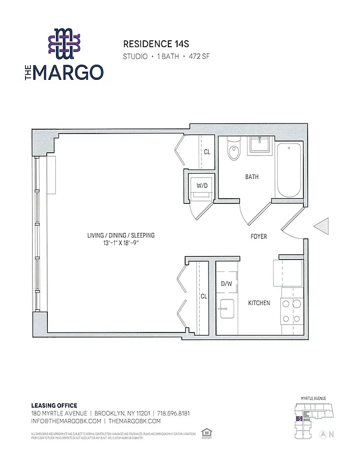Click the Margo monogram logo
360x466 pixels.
(65, 44)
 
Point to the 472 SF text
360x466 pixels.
(199, 57)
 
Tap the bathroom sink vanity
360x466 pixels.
(258, 145)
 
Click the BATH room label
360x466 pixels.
(252, 177)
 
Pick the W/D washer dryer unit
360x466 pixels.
(202, 186)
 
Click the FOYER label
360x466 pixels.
(259, 236)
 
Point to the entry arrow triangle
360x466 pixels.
(322, 227)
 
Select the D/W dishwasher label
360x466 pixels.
(226, 284)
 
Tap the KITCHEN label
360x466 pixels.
(259, 303)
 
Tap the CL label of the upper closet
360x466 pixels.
(207, 152)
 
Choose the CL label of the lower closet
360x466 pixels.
(204, 296)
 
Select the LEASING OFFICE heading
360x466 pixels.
(54, 405)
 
